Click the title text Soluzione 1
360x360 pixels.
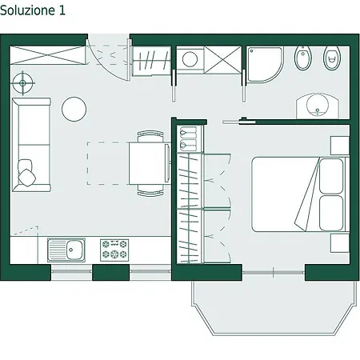coord(33,10)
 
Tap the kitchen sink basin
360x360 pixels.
coord(74,250)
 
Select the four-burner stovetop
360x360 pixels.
coord(114,250)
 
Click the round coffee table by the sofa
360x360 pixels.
coord(74,109)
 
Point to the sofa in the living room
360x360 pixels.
coord(31,145)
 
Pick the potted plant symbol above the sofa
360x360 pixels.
coord(22,83)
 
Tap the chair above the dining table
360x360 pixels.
coord(150,136)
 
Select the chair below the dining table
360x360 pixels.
coord(150,190)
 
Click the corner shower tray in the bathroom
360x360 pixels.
coord(264,64)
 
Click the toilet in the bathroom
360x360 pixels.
coord(332,58)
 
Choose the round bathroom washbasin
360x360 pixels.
coord(318,106)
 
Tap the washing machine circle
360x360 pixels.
coord(190,59)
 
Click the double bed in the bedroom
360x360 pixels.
coord(300,194)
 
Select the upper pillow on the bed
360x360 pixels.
coord(331,176)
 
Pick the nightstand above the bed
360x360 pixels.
coord(340,146)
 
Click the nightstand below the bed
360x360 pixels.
coord(340,242)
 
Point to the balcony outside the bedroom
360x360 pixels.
coord(274,306)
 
